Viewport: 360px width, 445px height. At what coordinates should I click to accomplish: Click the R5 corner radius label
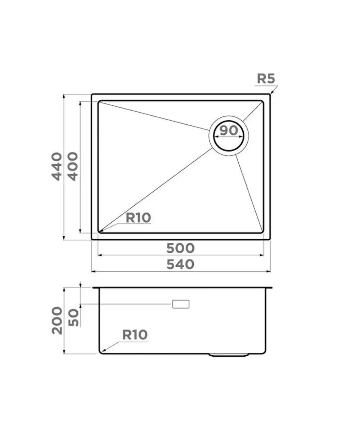(266, 79)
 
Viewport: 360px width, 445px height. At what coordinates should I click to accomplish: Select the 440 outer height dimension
(57, 166)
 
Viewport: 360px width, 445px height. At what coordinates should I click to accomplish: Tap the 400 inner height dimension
(73, 166)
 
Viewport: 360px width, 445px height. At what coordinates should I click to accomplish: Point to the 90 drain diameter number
(229, 130)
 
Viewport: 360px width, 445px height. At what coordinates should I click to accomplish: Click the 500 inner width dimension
(180, 248)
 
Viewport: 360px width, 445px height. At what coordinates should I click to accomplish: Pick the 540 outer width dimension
(180, 264)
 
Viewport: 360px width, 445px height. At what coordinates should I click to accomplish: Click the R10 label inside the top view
(138, 218)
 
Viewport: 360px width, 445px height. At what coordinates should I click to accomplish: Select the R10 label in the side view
(135, 335)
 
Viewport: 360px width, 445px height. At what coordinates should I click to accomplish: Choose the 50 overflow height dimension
(73, 317)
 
